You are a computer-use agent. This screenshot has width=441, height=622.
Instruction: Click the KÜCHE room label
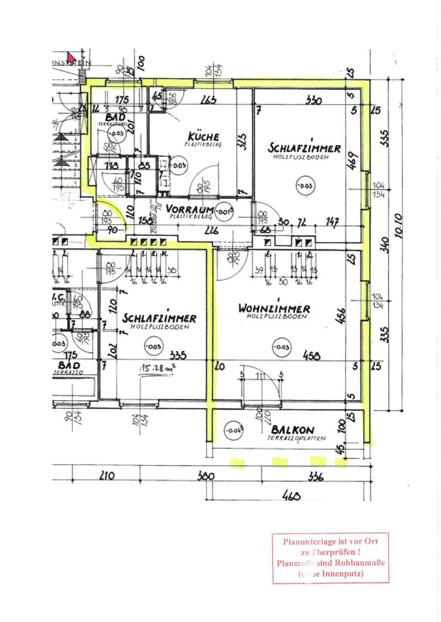pyautogui.click(x=203, y=136)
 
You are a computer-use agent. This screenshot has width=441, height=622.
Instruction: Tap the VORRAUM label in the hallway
pyautogui.click(x=189, y=210)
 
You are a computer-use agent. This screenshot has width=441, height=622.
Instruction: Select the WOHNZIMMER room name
pyautogui.click(x=274, y=309)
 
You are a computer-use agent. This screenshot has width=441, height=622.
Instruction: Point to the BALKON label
pyautogui.click(x=293, y=430)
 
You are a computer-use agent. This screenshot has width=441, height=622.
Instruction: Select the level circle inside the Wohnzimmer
pyautogui.click(x=281, y=346)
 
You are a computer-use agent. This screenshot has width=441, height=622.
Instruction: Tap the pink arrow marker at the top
pyautogui.click(x=72, y=57)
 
